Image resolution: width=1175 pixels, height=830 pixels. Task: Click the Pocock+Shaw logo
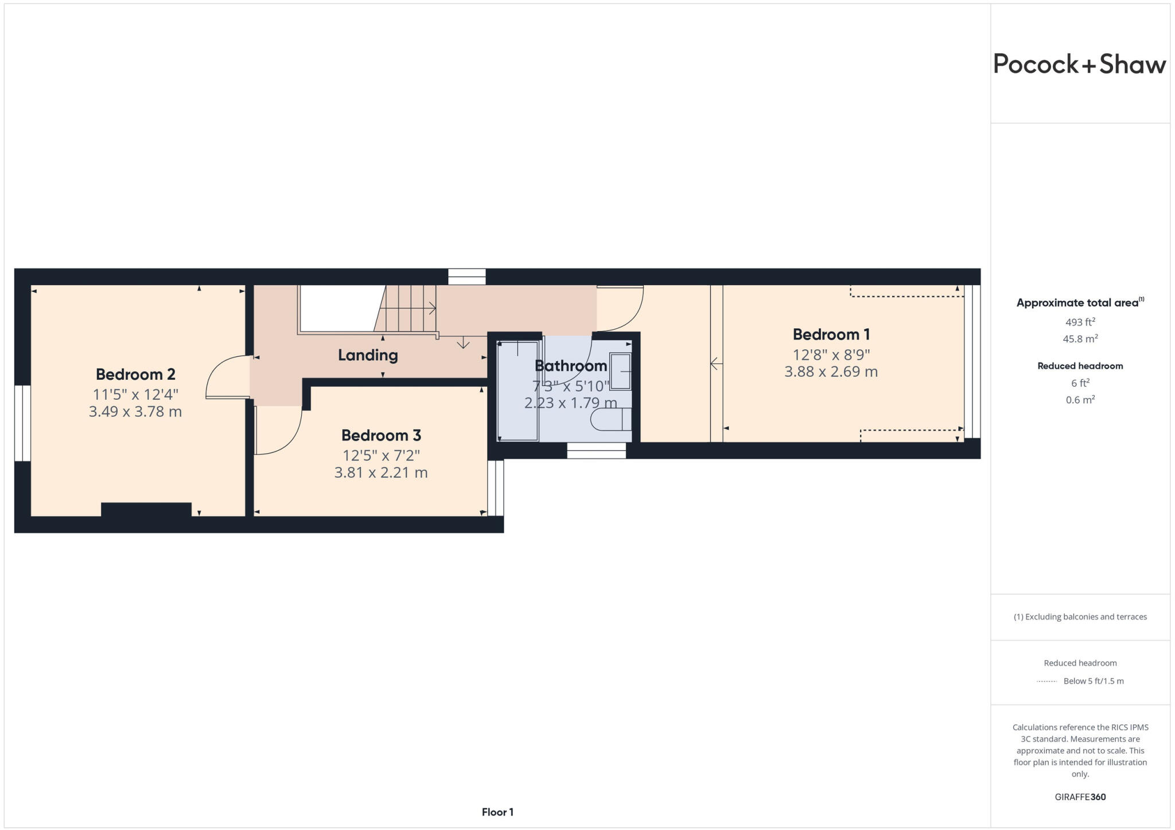pos(1079,64)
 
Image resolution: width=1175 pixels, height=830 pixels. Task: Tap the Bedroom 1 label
pos(831,334)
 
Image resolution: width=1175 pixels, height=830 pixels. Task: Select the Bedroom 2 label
pos(135,375)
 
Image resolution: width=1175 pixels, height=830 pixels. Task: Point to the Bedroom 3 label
pos(381,435)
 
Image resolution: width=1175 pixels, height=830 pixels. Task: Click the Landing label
pos(368,355)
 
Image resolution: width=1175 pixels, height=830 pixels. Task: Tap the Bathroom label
pos(570,365)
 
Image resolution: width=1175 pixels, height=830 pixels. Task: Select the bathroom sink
pos(620,372)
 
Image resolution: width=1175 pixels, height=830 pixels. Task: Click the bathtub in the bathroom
pos(518,391)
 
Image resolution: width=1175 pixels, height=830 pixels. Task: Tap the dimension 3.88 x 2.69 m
pos(831,372)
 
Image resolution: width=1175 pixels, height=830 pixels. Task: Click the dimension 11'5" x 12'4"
pos(135,394)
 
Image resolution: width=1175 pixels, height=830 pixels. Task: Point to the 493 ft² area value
pos(1080,322)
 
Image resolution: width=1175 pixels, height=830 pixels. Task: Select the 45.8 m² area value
pos(1080,339)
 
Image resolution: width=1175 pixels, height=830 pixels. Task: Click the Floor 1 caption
pos(497,812)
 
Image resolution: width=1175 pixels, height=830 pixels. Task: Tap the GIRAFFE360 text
pos(1080,797)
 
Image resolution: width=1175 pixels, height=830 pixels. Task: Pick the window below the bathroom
pos(596,451)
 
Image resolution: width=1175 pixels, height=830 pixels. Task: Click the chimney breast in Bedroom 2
pos(146,510)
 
